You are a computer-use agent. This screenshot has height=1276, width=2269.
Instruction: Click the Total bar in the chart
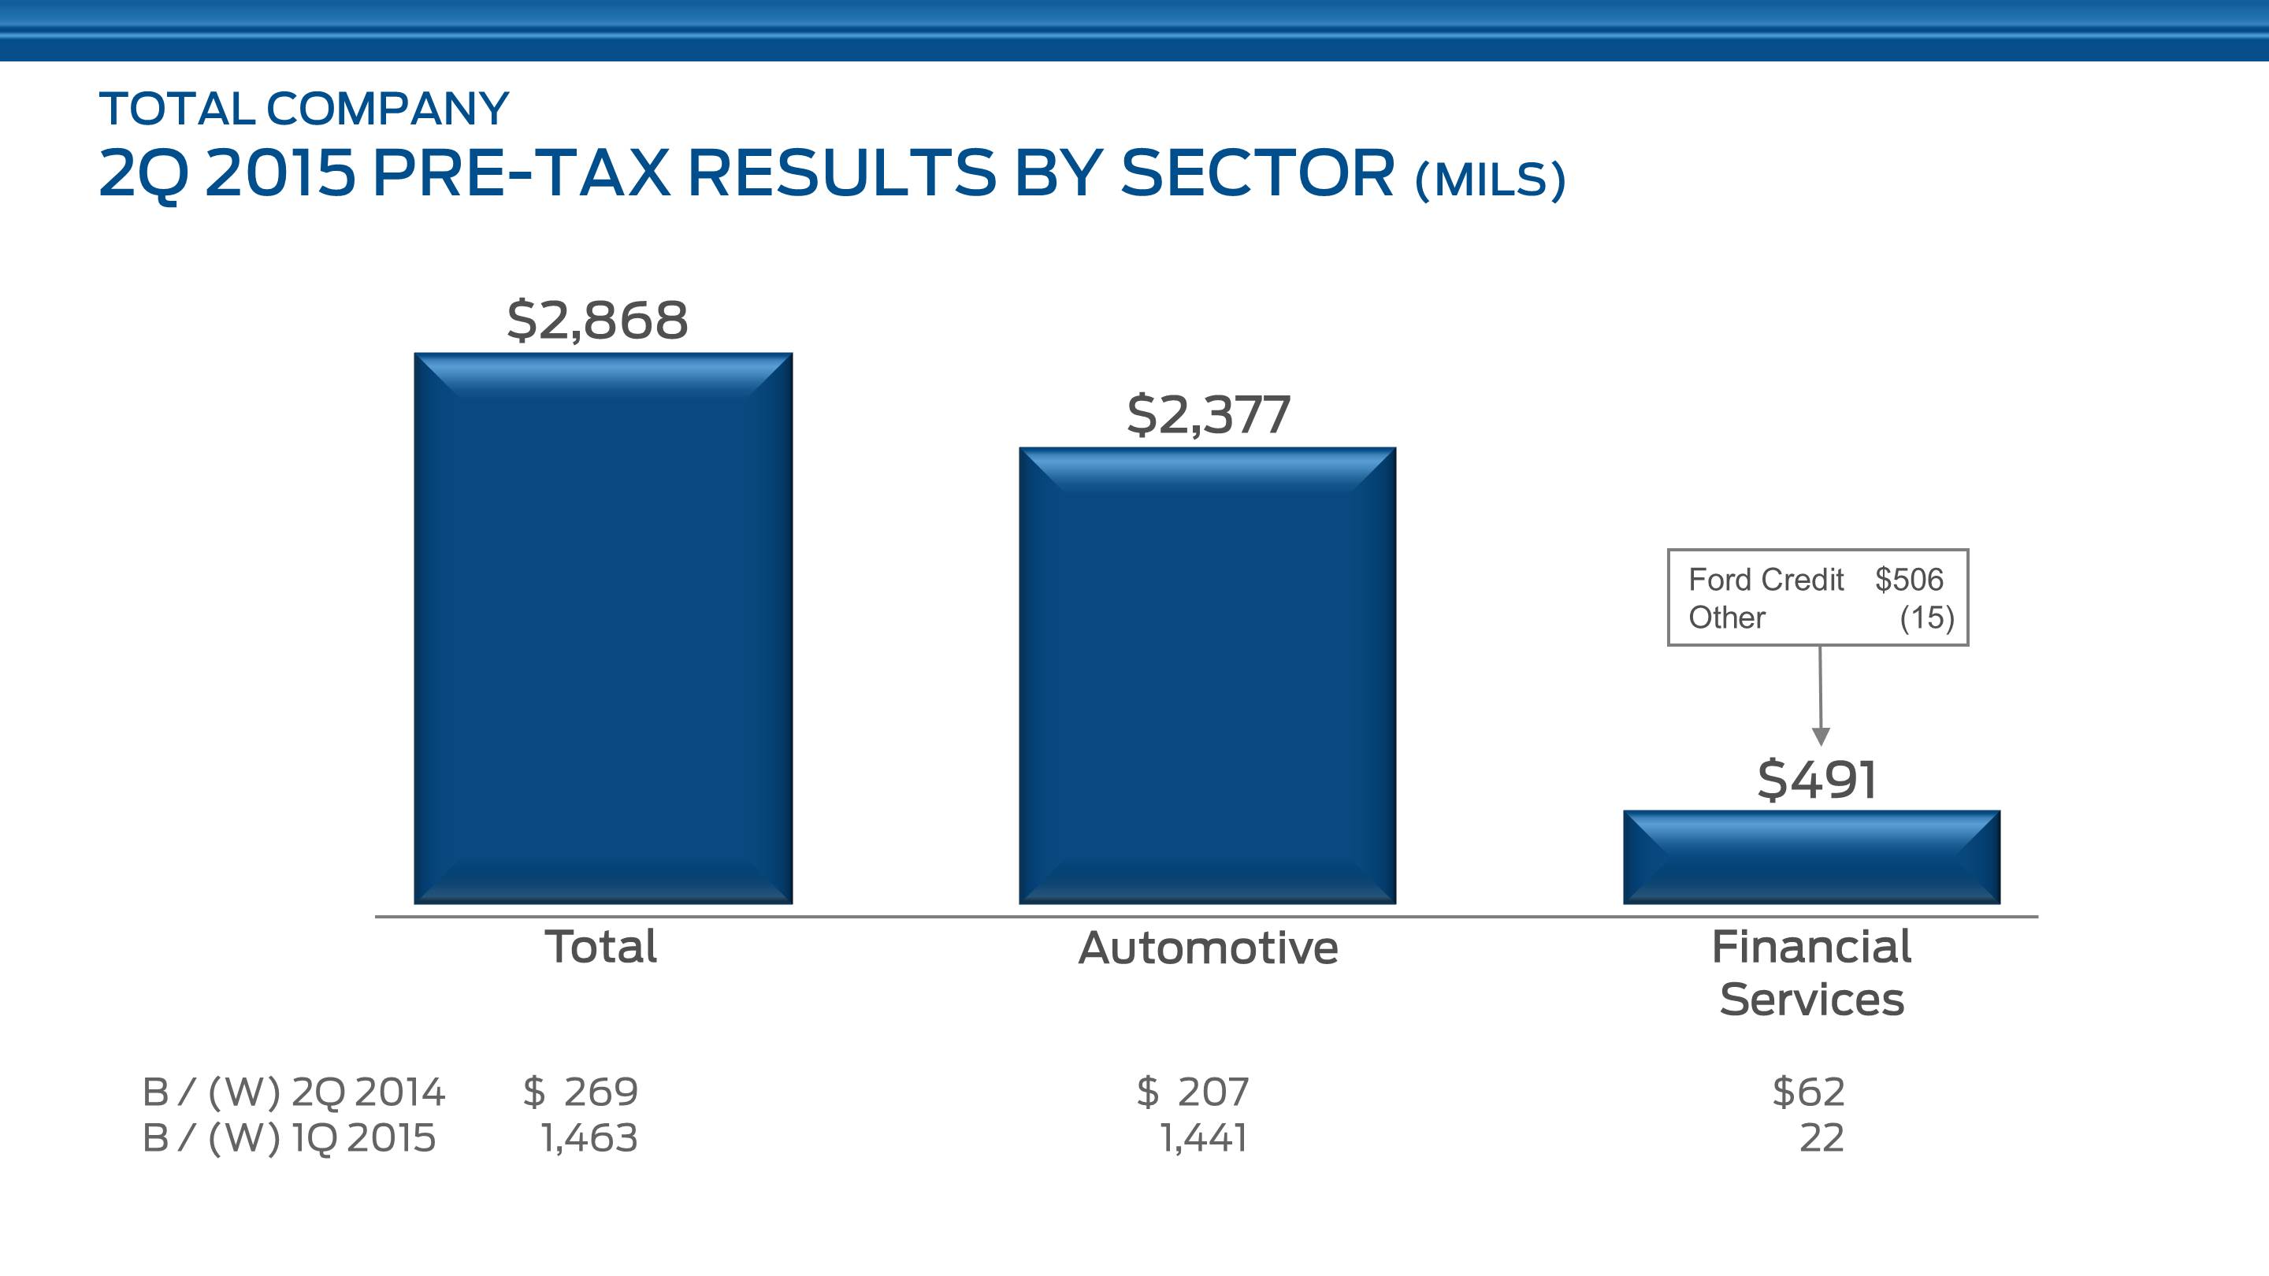[x=603, y=628]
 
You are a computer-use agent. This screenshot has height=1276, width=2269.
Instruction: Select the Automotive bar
[x=1207, y=676]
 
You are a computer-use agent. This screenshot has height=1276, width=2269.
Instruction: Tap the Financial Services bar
[x=1812, y=857]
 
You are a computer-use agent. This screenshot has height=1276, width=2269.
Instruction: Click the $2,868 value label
[x=597, y=320]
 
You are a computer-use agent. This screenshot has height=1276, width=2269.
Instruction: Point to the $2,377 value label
[x=1209, y=415]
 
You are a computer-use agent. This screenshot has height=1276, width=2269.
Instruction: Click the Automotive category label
[x=1209, y=948]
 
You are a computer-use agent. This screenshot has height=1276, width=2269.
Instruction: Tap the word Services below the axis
[x=1812, y=1000]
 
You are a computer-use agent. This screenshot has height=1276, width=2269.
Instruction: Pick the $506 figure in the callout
[x=1909, y=580]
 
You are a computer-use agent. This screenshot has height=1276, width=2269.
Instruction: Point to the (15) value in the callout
[x=1926, y=618]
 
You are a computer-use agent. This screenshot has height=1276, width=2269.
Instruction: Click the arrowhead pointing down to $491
[x=1821, y=736]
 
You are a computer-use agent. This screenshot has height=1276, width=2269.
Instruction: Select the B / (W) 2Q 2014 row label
[x=293, y=1092]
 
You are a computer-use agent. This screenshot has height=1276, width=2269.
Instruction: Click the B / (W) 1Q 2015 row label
[x=289, y=1137]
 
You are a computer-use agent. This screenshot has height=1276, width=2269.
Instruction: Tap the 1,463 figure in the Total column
[x=589, y=1137]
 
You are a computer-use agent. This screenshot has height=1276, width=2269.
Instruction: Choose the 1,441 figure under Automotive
[x=1203, y=1137]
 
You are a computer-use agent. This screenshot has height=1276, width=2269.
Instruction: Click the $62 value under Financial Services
[x=1808, y=1092]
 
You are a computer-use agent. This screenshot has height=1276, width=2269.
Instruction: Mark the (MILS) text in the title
[x=1491, y=180]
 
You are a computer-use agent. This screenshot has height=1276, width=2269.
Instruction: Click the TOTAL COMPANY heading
[x=304, y=109]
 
